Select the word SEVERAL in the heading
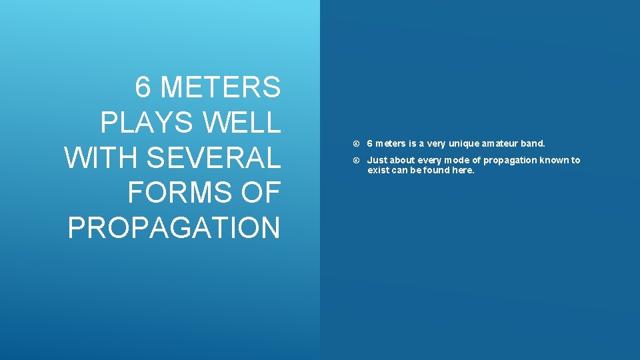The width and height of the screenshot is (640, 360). coord(213,158)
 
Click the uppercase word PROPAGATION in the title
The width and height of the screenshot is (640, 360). coord(174,227)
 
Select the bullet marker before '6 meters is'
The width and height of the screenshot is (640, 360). coord(358,144)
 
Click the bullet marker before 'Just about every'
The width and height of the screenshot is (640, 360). coord(358,161)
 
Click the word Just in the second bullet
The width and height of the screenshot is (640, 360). coord(377,160)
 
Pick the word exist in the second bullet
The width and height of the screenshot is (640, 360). coord(377,170)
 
